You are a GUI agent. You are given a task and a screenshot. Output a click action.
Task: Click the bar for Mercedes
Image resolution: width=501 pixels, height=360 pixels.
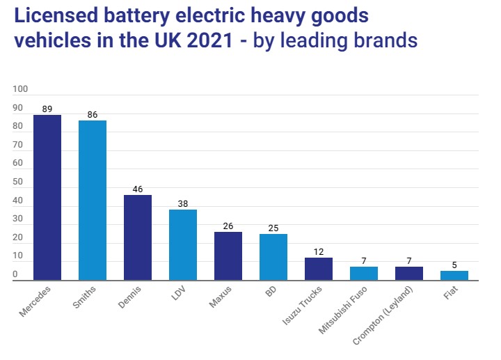point(47,197)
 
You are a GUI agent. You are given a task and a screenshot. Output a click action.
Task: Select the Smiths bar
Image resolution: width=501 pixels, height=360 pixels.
point(93,200)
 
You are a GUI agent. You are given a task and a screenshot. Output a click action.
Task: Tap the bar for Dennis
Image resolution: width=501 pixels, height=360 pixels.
point(138,237)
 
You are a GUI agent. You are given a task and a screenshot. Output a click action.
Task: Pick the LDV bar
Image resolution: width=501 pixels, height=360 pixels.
point(183,244)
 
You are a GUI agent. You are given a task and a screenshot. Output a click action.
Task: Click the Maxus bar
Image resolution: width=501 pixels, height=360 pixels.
point(228,256)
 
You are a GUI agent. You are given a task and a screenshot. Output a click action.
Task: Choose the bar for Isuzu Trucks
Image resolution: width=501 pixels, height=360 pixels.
point(319,269)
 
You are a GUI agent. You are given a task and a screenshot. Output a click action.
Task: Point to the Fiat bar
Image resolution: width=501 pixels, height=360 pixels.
point(454,275)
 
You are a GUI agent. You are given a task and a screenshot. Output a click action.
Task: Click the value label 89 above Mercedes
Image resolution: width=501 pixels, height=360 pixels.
point(47,109)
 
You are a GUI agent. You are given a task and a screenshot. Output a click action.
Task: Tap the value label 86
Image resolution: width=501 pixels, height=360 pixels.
point(93,115)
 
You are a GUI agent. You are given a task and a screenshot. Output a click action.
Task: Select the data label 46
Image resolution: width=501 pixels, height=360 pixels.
point(138,189)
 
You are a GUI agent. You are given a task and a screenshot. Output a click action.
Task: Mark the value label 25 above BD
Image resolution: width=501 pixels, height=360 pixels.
point(273,228)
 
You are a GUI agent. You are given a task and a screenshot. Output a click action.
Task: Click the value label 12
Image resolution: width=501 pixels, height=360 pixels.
point(319,252)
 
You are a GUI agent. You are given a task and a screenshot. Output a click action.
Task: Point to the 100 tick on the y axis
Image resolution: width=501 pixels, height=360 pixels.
point(20,89)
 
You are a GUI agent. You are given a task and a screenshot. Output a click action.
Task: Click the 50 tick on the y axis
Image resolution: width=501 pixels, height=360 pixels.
point(18,182)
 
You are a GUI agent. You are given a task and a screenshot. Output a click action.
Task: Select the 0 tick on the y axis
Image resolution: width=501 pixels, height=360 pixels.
point(15,275)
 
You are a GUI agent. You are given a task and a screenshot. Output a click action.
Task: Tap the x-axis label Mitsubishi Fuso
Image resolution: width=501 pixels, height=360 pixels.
point(352,306)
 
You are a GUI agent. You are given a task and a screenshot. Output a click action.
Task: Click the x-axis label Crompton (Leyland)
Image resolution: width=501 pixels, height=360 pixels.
point(394,311)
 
